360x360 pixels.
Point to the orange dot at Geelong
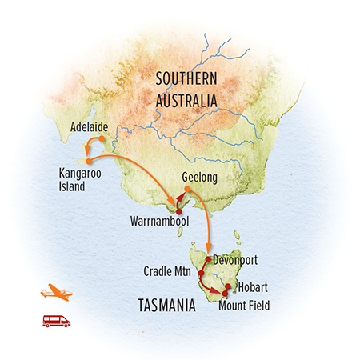pos(187,190)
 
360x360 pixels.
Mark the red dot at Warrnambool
pos(178,210)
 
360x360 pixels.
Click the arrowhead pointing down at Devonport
pos(209,248)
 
